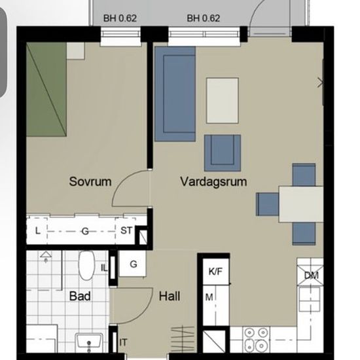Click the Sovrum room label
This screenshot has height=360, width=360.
point(90,181)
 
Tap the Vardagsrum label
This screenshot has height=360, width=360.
point(213,182)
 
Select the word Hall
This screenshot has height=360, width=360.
point(170,296)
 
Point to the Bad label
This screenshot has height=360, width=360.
point(80,296)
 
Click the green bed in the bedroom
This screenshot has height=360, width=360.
point(46,90)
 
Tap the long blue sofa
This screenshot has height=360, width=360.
point(175,94)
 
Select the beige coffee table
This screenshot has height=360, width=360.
point(223,101)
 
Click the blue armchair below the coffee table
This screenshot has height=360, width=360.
point(223,153)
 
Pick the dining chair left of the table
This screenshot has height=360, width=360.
point(268,204)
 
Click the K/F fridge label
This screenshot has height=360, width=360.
point(215,272)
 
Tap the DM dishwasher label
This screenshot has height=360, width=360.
point(312,276)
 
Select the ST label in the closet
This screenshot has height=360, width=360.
point(126,230)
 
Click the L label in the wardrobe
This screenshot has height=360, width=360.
point(38,231)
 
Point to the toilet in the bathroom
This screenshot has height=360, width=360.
point(86,265)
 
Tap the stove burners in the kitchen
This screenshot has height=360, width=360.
point(256,338)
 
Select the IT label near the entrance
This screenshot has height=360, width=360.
point(123,342)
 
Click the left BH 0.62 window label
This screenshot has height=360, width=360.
point(120,18)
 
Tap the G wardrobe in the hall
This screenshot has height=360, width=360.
point(133,264)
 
